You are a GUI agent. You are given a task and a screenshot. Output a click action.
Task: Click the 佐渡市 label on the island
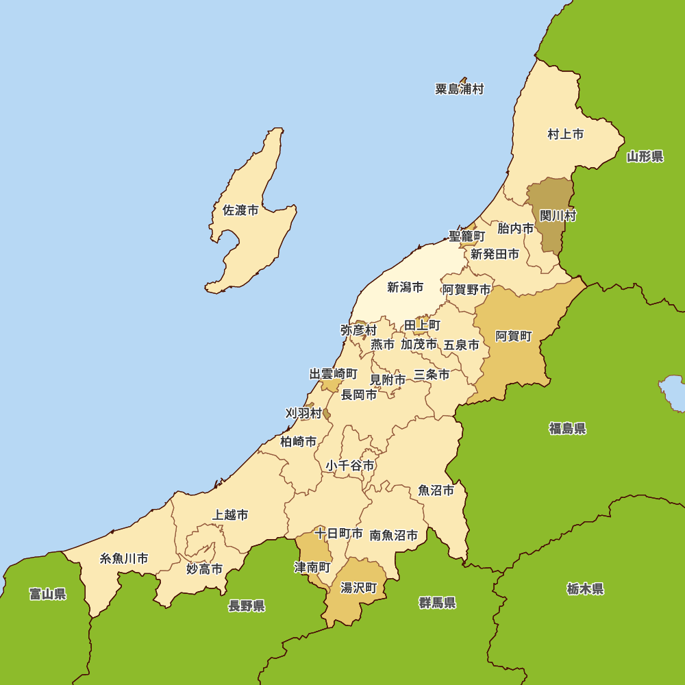pos(241,210)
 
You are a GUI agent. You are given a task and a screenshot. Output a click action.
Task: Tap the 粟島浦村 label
pos(460,89)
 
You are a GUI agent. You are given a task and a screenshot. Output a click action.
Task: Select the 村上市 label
pos(566,134)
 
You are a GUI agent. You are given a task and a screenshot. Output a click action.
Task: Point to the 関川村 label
pos(558,216)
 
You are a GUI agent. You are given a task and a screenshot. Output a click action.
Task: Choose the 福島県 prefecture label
pos(568,429)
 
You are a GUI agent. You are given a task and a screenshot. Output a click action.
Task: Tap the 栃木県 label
pos(586,589)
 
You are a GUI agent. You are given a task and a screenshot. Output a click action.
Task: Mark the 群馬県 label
pos(438,603)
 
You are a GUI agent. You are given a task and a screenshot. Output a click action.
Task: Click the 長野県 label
pos(247,606)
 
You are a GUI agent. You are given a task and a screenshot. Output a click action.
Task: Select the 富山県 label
pos(48,594)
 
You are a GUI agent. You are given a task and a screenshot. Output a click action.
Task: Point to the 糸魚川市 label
pos(124,558)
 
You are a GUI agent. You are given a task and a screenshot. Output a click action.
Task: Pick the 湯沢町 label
pos(359,588)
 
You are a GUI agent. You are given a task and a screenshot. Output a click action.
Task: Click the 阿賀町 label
pos(514,336)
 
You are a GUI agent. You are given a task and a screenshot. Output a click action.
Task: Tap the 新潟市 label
pos(405,288)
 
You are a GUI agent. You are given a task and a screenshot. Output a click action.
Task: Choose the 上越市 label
pos(230,514)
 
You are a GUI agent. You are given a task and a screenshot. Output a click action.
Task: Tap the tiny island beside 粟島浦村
pos(464,80)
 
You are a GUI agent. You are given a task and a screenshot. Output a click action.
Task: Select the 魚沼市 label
pos(436,490)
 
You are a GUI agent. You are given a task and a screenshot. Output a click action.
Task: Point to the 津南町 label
pos(312,567)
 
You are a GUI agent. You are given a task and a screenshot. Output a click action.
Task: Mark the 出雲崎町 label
pos(334,374)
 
